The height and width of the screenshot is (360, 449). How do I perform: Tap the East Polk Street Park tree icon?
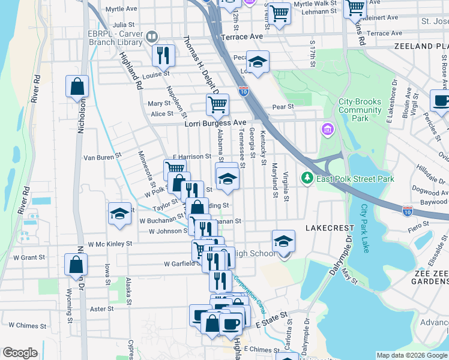[x=307, y=178]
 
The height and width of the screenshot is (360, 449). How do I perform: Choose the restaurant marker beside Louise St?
[x=163, y=55]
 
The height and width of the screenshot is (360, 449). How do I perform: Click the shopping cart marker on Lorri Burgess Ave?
[x=217, y=104]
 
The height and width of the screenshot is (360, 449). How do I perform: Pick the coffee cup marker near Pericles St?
[x=441, y=100]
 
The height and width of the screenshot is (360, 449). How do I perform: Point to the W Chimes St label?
[x=28, y=326]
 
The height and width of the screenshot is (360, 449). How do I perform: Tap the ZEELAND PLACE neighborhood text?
[x=421, y=46]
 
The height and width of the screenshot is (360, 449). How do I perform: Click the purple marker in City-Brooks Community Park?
[x=328, y=129]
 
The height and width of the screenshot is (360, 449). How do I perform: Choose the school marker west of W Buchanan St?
[x=119, y=213]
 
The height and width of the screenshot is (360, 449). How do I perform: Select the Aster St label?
[x=101, y=309]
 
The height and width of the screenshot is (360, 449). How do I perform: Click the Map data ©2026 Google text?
[x=411, y=355]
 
